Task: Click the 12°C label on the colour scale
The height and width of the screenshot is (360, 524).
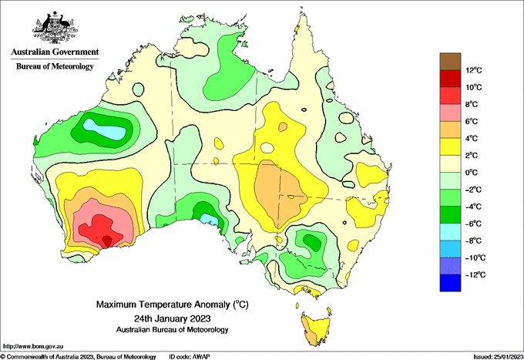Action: [x=474, y=70]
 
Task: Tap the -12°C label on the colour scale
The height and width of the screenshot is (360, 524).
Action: [x=475, y=274]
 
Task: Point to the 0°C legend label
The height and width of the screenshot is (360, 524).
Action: [x=471, y=173]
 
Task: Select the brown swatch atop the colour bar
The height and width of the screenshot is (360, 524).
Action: [x=450, y=62]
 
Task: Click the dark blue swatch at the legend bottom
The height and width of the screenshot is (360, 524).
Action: [x=450, y=283]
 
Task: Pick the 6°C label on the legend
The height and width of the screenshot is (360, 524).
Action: [x=471, y=121]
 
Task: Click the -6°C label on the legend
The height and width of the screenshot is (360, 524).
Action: [x=473, y=224]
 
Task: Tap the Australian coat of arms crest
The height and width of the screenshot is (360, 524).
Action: [x=55, y=28]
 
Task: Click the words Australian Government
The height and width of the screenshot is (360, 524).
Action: [x=55, y=52]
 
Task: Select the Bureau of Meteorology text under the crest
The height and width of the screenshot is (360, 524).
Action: [x=55, y=66]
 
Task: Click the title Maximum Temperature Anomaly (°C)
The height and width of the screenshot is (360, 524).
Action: [x=173, y=304]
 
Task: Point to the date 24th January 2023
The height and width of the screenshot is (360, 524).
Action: [x=173, y=318]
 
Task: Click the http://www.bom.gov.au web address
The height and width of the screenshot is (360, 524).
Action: [x=33, y=347]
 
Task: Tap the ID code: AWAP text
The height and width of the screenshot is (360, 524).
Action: [x=190, y=357]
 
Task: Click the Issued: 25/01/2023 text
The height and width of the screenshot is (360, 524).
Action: [x=498, y=357]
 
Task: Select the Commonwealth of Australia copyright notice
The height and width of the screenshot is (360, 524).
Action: [x=78, y=357]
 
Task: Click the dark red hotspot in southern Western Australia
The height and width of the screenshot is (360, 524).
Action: [x=107, y=241]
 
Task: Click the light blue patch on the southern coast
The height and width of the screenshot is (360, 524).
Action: [x=210, y=220]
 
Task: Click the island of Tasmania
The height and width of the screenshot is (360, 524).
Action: [x=316, y=329]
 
